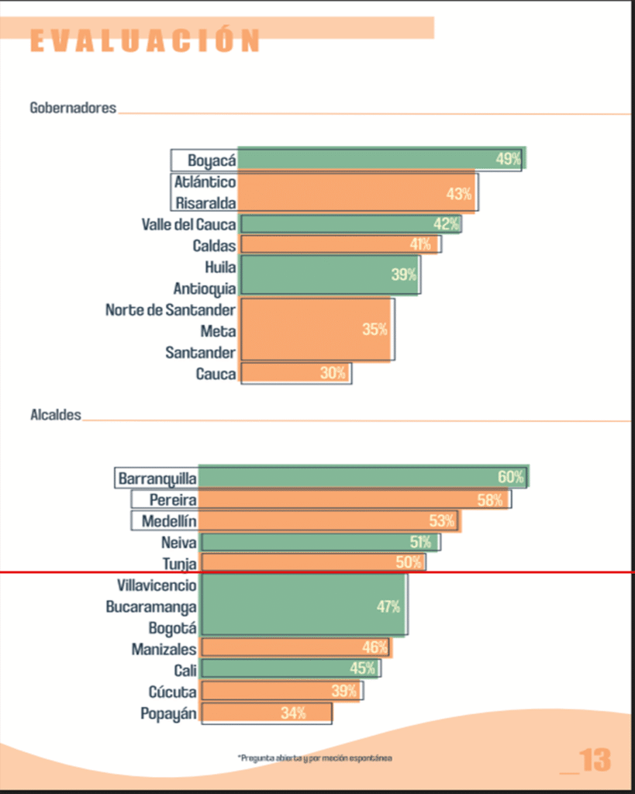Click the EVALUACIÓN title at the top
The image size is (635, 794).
(x=145, y=40)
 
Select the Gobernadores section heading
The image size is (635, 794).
(x=73, y=108)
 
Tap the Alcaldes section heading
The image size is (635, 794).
(x=55, y=416)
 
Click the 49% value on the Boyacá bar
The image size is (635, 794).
(x=509, y=160)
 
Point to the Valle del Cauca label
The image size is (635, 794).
(x=188, y=225)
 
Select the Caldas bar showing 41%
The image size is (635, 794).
(x=340, y=245)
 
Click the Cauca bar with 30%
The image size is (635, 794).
(x=295, y=374)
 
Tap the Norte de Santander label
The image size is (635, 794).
(x=171, y=310)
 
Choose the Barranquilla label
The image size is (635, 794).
(x=157, y=478)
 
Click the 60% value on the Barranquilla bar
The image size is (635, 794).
(x=511, y=478)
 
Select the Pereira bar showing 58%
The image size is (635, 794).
(x=354, y=500)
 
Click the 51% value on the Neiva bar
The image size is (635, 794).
(x=420, y=542)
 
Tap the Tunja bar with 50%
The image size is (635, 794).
(x=312, y=563)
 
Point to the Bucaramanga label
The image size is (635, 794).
(x=151, y=607)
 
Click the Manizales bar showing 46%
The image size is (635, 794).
(x=295, y=647)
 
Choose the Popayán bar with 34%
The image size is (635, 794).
(x=267, y=713)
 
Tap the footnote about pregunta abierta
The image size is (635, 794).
(x=315, y=757)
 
